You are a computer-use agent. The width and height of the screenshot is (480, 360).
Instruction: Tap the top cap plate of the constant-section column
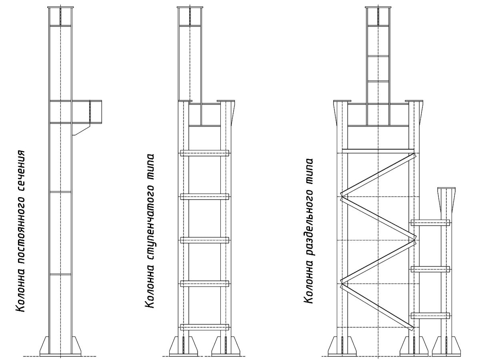(60, 8)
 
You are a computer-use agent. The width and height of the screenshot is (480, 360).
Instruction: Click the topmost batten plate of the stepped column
(204, 153)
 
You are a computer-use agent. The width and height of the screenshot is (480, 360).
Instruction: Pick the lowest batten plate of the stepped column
(204, 327)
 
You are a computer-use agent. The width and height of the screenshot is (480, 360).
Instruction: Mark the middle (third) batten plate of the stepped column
(204, 240)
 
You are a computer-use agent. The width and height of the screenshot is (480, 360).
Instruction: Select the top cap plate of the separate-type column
(378, 8)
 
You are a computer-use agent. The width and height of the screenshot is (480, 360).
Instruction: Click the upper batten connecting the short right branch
(430, 223)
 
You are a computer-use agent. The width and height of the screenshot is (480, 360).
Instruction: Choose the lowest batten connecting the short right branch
(430, 316)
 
